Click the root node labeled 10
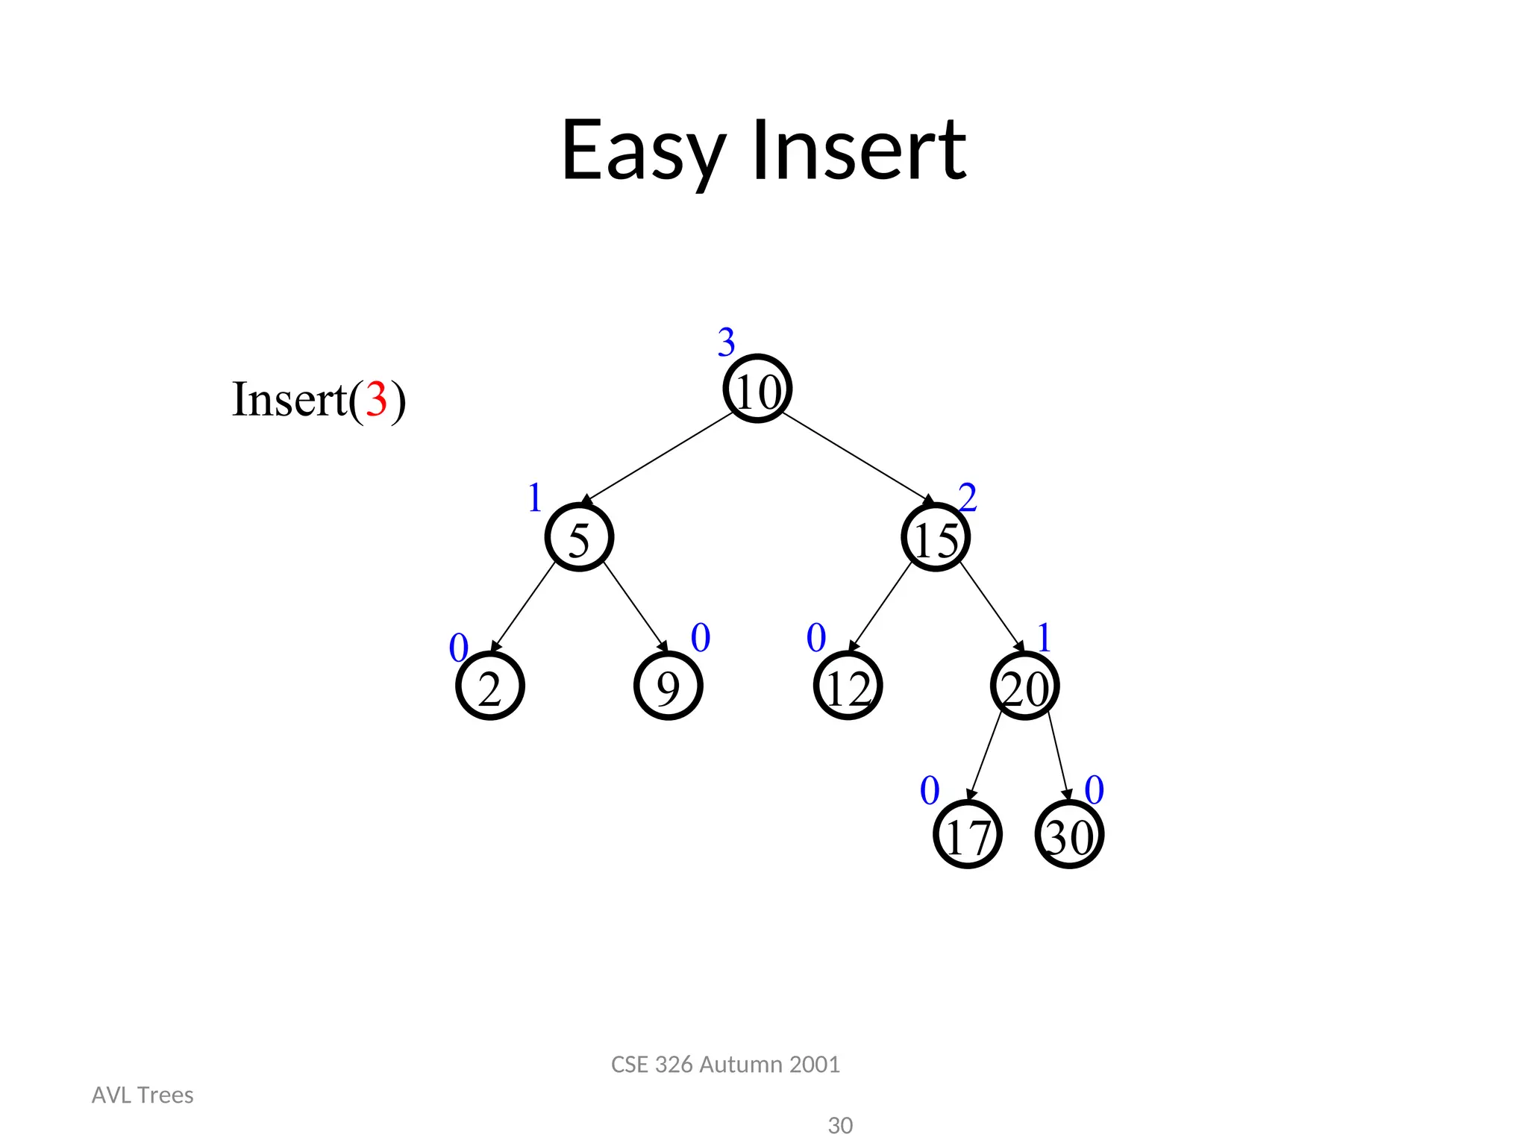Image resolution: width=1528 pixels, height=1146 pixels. pos(757,389)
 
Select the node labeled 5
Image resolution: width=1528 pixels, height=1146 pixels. pos(579,538)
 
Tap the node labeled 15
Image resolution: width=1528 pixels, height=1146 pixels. pos(935,538)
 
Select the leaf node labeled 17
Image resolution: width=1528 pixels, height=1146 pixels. pos(967,835)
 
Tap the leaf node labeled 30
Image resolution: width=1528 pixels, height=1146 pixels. pos(1069,835)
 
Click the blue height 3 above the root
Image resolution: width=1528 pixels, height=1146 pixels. pos(726,342)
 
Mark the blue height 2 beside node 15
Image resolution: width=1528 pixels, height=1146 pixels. pos(968,498)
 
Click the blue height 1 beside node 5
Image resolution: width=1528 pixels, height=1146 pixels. pos(534,498)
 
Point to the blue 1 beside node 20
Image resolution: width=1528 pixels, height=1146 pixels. pos(1044,638)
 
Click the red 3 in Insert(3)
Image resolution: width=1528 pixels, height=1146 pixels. pos(376,399)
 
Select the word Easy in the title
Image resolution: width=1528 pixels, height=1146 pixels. pos(643,151)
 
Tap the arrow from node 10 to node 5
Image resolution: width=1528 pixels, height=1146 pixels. pos(657,457)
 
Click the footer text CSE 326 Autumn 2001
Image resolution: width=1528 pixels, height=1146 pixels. pos(725,1064)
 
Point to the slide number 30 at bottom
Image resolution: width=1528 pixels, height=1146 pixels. pos(840,1125)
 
